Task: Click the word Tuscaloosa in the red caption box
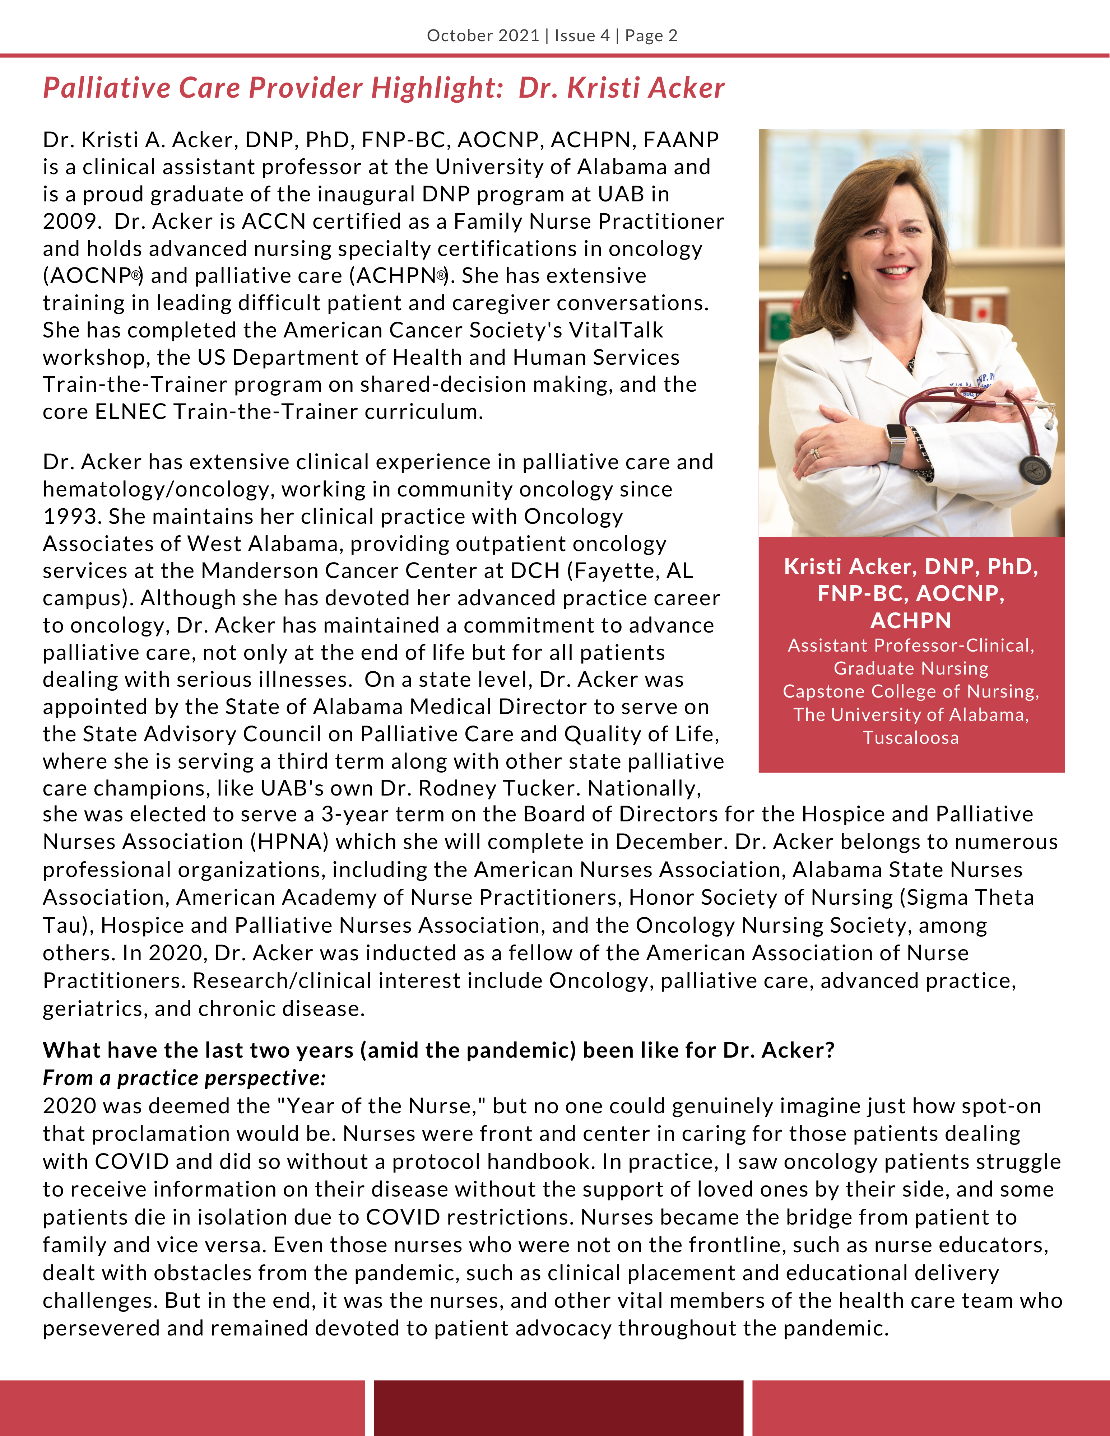(x=911, y=738)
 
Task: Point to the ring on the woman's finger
(x=816, y=453)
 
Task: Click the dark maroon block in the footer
(x=558, y=1407)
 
